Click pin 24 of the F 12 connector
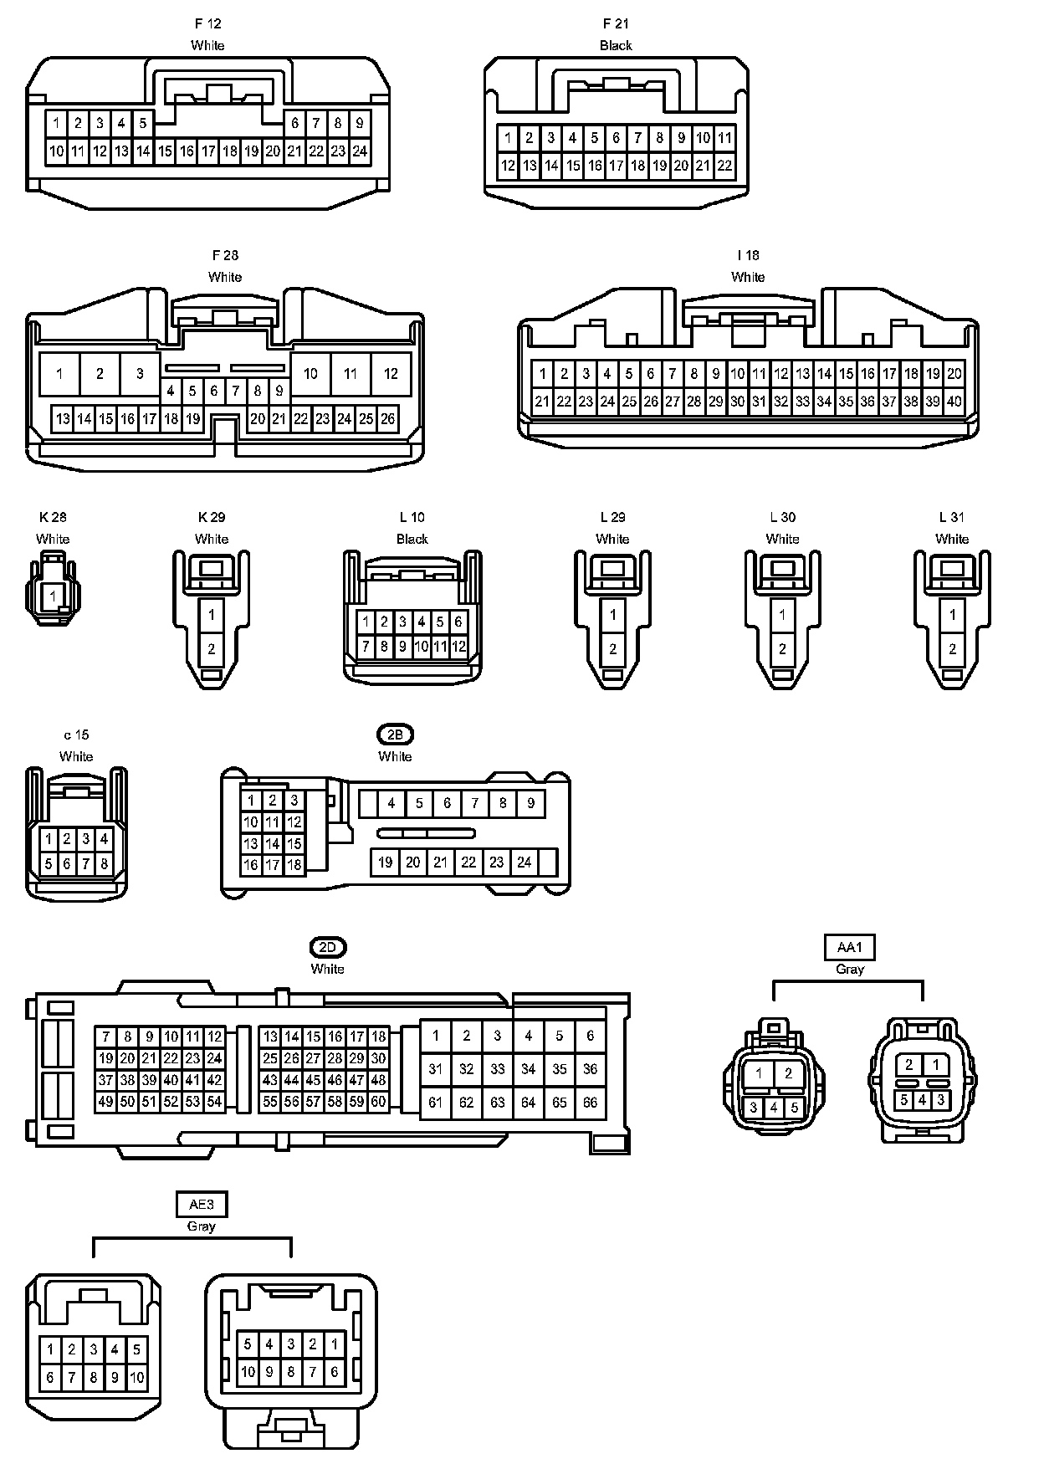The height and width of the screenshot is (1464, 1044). [360, 151]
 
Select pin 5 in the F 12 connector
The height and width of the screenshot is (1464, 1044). [143, 124]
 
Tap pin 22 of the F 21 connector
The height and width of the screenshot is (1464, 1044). [724, 166]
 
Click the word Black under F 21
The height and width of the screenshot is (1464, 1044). [616, 45]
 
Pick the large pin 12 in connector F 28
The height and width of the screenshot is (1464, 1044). [391, 374]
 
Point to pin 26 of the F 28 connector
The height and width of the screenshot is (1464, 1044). [387, 419]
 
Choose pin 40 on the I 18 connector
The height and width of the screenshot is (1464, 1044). [954, 402]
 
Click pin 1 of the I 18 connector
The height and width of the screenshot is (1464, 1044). [543, 374]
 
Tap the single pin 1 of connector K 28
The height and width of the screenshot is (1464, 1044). [53, 596]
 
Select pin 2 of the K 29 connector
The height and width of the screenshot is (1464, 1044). [212, 648]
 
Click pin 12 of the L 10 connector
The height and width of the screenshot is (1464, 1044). [458, 646]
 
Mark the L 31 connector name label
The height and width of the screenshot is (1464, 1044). [952, 517]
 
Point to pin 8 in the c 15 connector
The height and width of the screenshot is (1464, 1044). [104, 864]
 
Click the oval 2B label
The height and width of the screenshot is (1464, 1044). [395, 735]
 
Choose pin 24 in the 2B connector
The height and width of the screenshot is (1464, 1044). [525, 862]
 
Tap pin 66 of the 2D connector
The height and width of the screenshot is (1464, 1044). [591, 1102]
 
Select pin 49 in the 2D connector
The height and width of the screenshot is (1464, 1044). [105, 1102]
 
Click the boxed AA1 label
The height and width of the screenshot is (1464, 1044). [849, 947]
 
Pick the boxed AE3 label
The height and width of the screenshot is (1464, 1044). [202, 1205]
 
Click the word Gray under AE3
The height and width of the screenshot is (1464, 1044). [202, 1226]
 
